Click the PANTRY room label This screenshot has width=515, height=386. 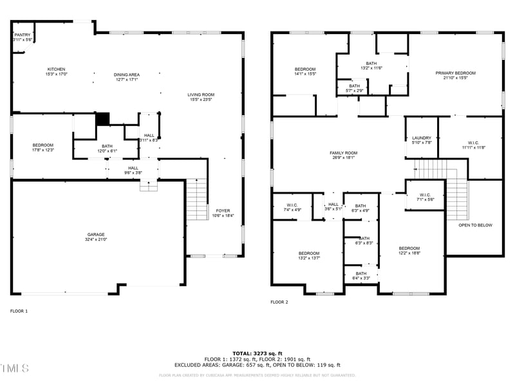(x=23, y=35)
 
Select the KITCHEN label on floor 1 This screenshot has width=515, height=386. (x=56, y=69)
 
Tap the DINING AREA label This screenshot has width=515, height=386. (x=127, y=75)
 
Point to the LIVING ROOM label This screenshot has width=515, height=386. (x=201, y=95)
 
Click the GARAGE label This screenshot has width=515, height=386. (x=96, y=234)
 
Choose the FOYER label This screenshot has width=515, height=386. (x=223, y=210)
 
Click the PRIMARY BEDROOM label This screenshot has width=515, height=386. (x=455, y=73)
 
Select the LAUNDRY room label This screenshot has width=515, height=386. (x=421, y=138)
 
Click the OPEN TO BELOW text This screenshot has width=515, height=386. (x=475, y=225)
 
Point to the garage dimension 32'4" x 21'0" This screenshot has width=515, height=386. (x=96, y=239)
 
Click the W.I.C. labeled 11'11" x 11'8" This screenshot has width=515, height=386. (x=473, y=143)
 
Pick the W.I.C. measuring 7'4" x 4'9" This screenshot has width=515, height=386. (x=292, y=205)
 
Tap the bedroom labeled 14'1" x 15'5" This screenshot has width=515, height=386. (x=305, y=69)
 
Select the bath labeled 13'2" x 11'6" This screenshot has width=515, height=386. (x=372, y=63)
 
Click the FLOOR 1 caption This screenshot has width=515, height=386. (x=19, y=311)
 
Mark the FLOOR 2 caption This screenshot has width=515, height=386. (x=279, y=302)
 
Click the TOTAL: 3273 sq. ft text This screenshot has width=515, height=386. (x=257, y=353)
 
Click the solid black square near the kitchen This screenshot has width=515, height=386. (x=102, y=119)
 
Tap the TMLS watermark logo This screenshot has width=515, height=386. (x=14, y=368)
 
